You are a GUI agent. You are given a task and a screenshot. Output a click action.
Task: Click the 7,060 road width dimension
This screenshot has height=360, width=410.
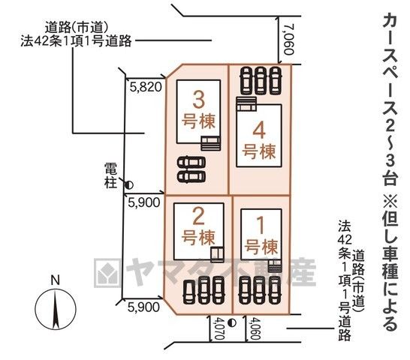point(289,40)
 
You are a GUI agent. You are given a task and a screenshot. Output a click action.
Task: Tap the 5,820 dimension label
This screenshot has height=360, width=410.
point(146,87)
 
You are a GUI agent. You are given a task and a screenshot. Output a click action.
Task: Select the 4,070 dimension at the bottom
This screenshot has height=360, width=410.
point(219,328)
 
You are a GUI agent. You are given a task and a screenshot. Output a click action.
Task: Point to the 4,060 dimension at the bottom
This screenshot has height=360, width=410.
point(255,328)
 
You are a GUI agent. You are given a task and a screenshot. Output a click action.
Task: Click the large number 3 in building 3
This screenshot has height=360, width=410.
point(198,100)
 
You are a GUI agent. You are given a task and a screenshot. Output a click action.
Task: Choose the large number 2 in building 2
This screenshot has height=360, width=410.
point(198,216)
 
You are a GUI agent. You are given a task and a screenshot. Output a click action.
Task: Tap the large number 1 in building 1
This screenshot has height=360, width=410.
point(261,226)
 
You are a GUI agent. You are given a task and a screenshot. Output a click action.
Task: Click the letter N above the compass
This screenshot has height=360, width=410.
point(55,280)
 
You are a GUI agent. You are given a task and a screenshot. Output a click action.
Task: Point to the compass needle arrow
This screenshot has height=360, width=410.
point(56,310)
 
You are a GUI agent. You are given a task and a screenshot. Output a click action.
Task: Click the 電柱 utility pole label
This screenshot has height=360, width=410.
point(110,175)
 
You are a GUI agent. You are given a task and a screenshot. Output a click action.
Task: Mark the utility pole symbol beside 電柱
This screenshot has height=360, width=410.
point(129,185)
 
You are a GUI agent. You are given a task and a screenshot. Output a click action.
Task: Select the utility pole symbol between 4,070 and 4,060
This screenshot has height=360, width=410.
point(232,323)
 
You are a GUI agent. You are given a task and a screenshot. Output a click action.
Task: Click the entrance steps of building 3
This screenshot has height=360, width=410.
point(211,143)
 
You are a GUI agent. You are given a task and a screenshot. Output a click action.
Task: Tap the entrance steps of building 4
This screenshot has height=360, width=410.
point(246,104)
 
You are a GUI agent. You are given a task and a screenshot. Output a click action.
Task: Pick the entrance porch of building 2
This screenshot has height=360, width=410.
point(218,254)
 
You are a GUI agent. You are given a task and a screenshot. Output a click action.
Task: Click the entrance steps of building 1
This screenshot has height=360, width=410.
point(275,266)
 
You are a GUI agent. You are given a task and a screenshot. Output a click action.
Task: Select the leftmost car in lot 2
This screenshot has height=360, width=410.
point(189,292)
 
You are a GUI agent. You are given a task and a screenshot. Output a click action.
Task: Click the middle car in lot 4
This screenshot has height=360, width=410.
point(261,80)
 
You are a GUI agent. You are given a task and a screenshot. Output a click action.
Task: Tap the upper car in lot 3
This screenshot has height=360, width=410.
point(191,163)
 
